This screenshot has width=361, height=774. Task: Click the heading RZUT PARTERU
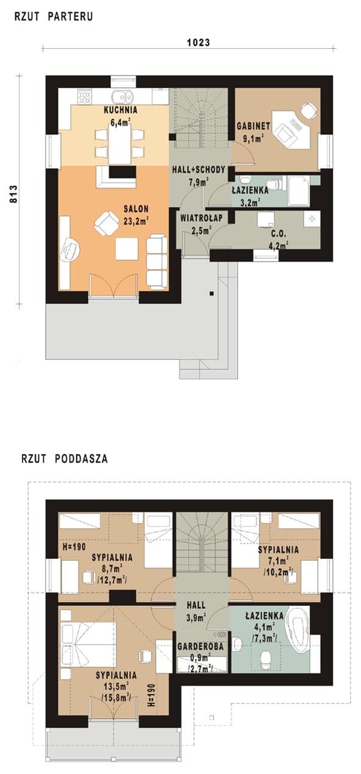(54, 16)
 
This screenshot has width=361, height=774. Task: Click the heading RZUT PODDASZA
(64, 458)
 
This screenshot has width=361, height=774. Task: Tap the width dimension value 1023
(198, 43)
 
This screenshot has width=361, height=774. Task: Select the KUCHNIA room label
(121, 110)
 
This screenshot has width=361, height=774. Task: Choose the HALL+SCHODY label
(199, 169)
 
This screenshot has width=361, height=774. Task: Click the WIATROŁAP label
(201, 218)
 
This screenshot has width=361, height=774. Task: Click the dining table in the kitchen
(120, 143)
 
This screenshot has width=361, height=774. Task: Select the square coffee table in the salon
(127, 249)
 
